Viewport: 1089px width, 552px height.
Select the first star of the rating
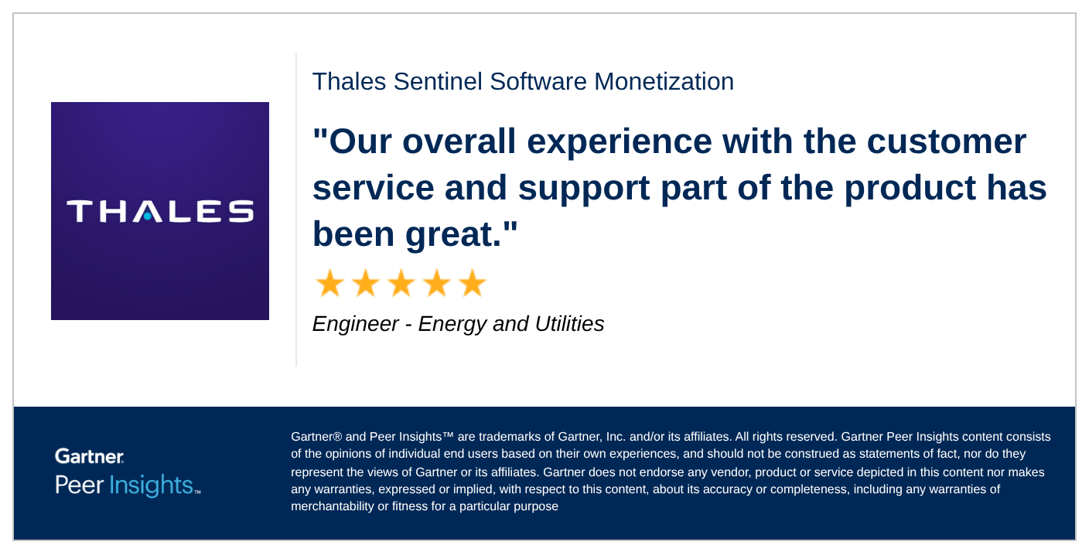tap(329, 284)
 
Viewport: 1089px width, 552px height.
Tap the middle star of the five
tap(401, 284)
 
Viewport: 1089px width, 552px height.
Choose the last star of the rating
tap(472, 284)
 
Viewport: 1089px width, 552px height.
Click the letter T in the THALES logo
tap(80, 211)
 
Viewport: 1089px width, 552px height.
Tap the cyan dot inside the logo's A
tap(148, 216)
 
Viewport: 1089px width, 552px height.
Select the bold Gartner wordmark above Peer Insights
tap(90, 456)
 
